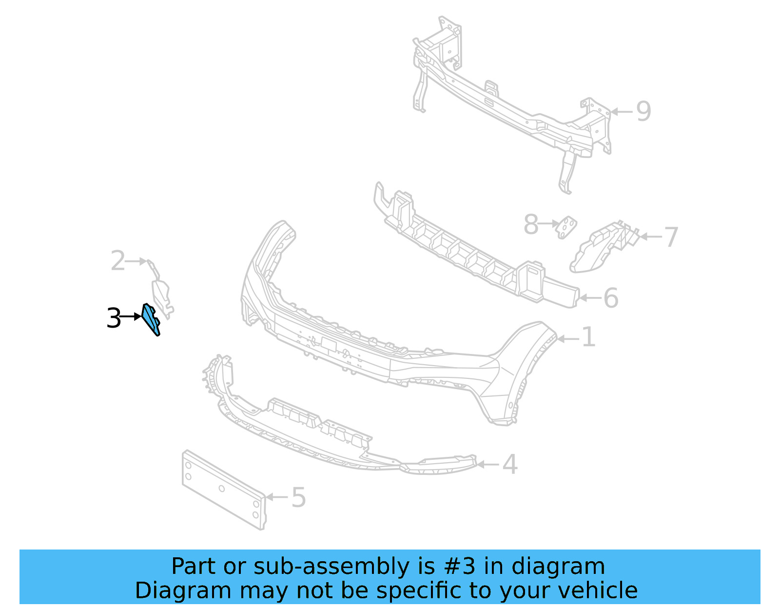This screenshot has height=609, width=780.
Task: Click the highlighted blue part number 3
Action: pos(151,319)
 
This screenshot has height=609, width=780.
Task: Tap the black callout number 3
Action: pos(114,318)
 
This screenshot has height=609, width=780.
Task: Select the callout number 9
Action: pos(643,112)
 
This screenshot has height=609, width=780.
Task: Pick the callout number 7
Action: pos(671,237)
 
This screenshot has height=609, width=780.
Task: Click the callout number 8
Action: pos(531,225)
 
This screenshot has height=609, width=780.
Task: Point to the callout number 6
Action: pos(611,298)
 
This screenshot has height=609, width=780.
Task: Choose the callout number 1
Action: pos(589,337)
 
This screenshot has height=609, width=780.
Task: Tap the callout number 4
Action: pos(510,464)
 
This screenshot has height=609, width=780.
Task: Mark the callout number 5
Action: pos(298,498)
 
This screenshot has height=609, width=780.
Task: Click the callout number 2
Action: pos(118,261)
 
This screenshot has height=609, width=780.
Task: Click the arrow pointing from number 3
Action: pos(131,317)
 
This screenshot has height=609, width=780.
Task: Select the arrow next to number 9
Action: pos(622,112)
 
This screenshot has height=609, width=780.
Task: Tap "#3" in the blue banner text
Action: pos(459,567)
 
